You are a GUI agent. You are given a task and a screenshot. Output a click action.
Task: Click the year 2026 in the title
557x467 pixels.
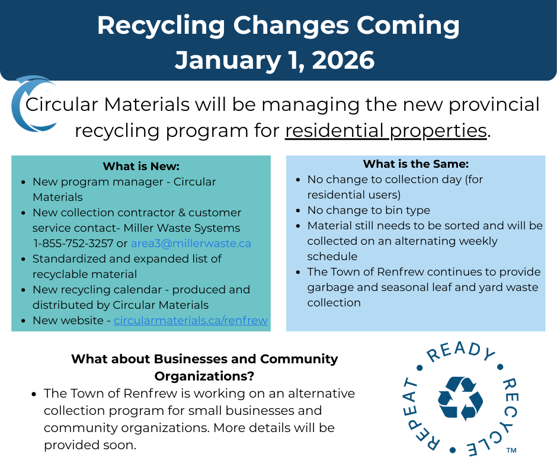pos(343,60)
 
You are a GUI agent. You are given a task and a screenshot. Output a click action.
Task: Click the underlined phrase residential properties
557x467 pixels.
pos(386,131)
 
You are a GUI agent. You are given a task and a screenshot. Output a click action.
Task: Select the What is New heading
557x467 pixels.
pos(141,167)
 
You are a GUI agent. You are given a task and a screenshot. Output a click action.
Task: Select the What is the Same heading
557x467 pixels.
pos(415,164)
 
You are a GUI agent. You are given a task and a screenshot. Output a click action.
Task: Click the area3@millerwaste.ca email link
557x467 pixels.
pos(191,244)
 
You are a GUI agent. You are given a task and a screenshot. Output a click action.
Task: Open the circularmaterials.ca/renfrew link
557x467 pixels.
pos(190,320)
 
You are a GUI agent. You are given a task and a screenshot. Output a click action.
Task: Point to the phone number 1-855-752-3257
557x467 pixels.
pos(73,244)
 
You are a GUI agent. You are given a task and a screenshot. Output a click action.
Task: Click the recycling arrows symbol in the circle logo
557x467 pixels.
pos(460,398)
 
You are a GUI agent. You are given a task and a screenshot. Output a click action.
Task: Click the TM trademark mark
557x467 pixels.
pos(511,450)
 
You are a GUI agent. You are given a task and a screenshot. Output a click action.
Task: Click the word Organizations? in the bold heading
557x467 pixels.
pos(204,376)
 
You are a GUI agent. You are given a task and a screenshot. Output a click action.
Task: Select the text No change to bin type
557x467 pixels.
pos(369,210)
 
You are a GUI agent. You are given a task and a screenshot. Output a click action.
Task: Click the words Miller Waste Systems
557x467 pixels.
pos(181,228)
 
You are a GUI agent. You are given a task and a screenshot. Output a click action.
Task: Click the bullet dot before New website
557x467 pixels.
pos(23,321)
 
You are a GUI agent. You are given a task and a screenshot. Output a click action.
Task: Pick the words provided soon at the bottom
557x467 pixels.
pos(90,445)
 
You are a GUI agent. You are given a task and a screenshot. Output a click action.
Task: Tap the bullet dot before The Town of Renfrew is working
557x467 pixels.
pos(34,394)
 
